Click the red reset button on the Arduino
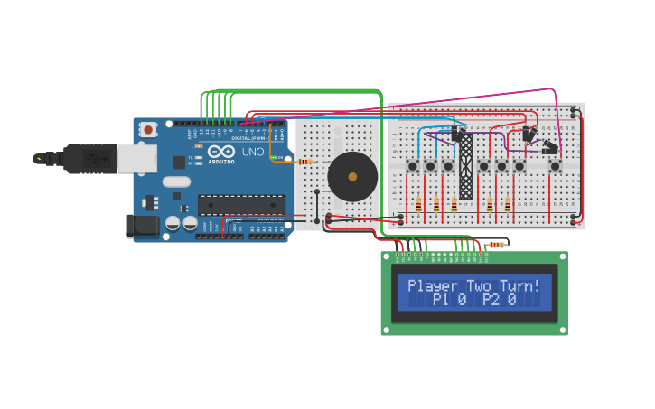point(148,130)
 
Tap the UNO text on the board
point(253,153)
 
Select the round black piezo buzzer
point(351,176)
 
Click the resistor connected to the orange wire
point(304,162)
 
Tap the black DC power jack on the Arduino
point(144,227)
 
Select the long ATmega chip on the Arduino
point(241,205)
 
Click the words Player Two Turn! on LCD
point(473,286)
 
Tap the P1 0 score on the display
point(449,300)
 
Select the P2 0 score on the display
point(499,300)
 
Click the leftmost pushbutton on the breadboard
point(413,166)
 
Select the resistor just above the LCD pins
point(496,245)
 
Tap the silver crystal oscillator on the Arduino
point(176,181)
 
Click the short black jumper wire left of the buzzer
point(316,206)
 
